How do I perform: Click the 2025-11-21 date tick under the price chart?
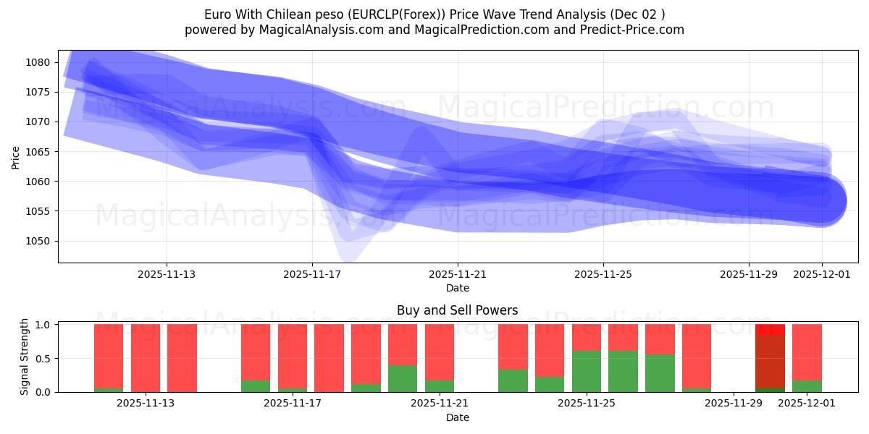pyautogui.click(x=457, y=275)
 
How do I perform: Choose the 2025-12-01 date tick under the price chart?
pyautogui.click(x=821, y=275)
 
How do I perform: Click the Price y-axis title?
pyautogui.click(x=16, y=156)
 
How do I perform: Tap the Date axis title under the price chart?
pyautogui.click(x=457, y=288)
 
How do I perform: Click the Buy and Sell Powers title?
pyautogui.click(x=457, y=310)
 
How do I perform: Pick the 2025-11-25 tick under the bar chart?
pyautogui.click(x=586, y=404)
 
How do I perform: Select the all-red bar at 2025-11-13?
pyautogui.click(x=146, y=358)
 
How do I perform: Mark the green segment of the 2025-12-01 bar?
pyautogui.click(x=807, y=386)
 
